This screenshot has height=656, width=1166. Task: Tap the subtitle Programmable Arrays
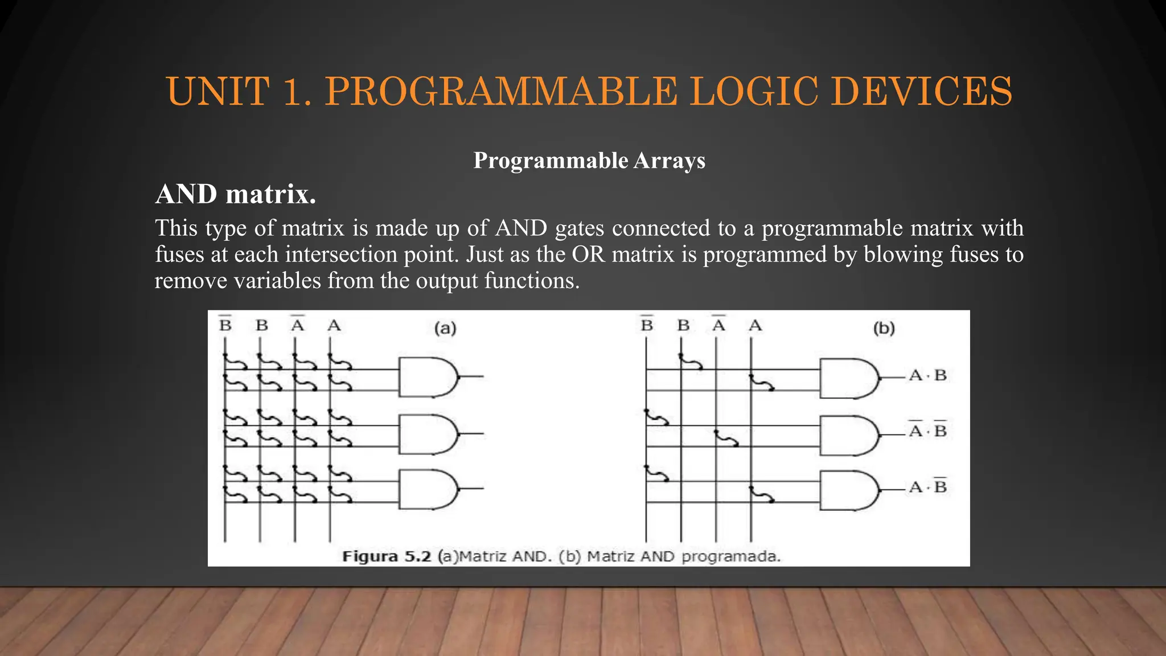pyautogui.click(x=589, y=161)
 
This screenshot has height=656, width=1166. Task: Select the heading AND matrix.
pyautogui.click(x=235, y=194)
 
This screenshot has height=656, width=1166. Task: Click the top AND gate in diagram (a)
pyautogui.click(x=428, y=377)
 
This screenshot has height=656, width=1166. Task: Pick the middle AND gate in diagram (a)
pyautogui.click(x=428, y=434)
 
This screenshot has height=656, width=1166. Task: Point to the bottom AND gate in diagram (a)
pyautogui.click(x=428, y=489)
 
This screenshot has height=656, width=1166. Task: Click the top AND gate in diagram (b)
pyautogui.click(x=848, y=378)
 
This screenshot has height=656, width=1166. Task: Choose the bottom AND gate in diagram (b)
pyautogui.click(x=848, y=490)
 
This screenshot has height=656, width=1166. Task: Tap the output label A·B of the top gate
pyautogui.click(x=927, y=376)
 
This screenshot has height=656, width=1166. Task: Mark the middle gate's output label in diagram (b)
pyautogui.click(x=927, y=430)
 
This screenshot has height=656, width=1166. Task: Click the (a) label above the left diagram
pyautogui.click(x=445, y=328)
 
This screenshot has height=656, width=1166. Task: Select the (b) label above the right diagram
pyautogui.click(x=884, y=328)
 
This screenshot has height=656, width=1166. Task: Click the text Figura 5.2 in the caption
pyautogui.click(x=387, y=556)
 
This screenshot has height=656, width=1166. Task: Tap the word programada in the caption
pyautogui.click(x=730, y=556)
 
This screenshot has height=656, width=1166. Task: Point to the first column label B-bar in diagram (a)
pyautogui.click(x=225, y=325)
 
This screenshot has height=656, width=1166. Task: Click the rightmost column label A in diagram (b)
pyautogui.click(x=755, y=325)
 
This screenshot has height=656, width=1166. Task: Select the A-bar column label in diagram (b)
pyautogui.click(x=719, y=325)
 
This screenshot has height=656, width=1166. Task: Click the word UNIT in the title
pyautogui.click(x=218, y=91)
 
